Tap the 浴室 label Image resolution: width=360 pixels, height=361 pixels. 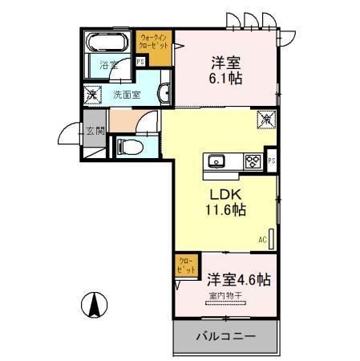point(108,67)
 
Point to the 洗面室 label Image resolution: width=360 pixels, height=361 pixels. point(125,95)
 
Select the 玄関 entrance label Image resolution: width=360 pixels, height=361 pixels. point(94,131)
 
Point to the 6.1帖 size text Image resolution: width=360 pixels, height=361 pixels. point(225,79)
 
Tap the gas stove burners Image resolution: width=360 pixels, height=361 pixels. point(253,161)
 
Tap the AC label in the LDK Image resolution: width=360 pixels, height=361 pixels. point(261,239)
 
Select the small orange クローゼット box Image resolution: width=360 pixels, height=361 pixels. point(185,266)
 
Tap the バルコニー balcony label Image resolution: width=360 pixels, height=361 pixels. point(225,336)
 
